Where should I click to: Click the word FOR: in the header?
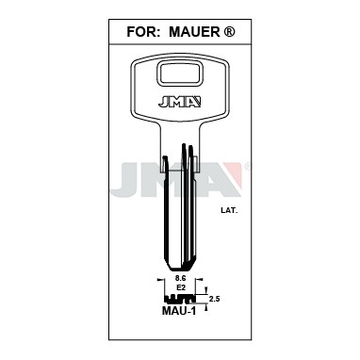click(141, 32)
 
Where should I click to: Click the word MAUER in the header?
click(194, 32)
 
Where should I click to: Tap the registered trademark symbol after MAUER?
click(229, 31)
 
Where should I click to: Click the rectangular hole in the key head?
click(179, 74)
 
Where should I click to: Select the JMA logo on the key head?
click(179, 103)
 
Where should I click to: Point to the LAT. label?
click(229, 210)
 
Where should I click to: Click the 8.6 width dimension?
click(180, 278)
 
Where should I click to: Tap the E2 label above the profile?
click(180, 287)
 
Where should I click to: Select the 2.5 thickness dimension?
click(214, 299)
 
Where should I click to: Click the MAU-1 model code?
click(179, 311)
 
